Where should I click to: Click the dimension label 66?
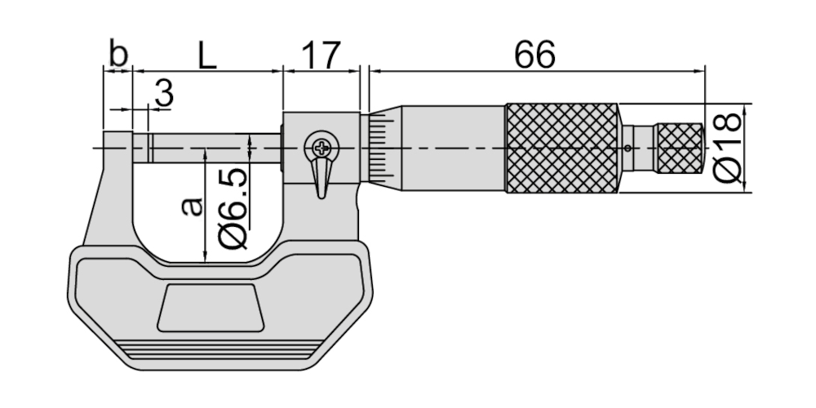(534, 55)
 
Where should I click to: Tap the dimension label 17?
(321, 55)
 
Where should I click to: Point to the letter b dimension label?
(118, 55)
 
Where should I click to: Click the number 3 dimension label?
(163, 95)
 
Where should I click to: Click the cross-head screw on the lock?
(321, 149)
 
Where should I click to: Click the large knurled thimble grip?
(561, 149)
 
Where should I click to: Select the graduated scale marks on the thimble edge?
(377, 149)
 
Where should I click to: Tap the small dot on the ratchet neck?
(627, 149)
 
